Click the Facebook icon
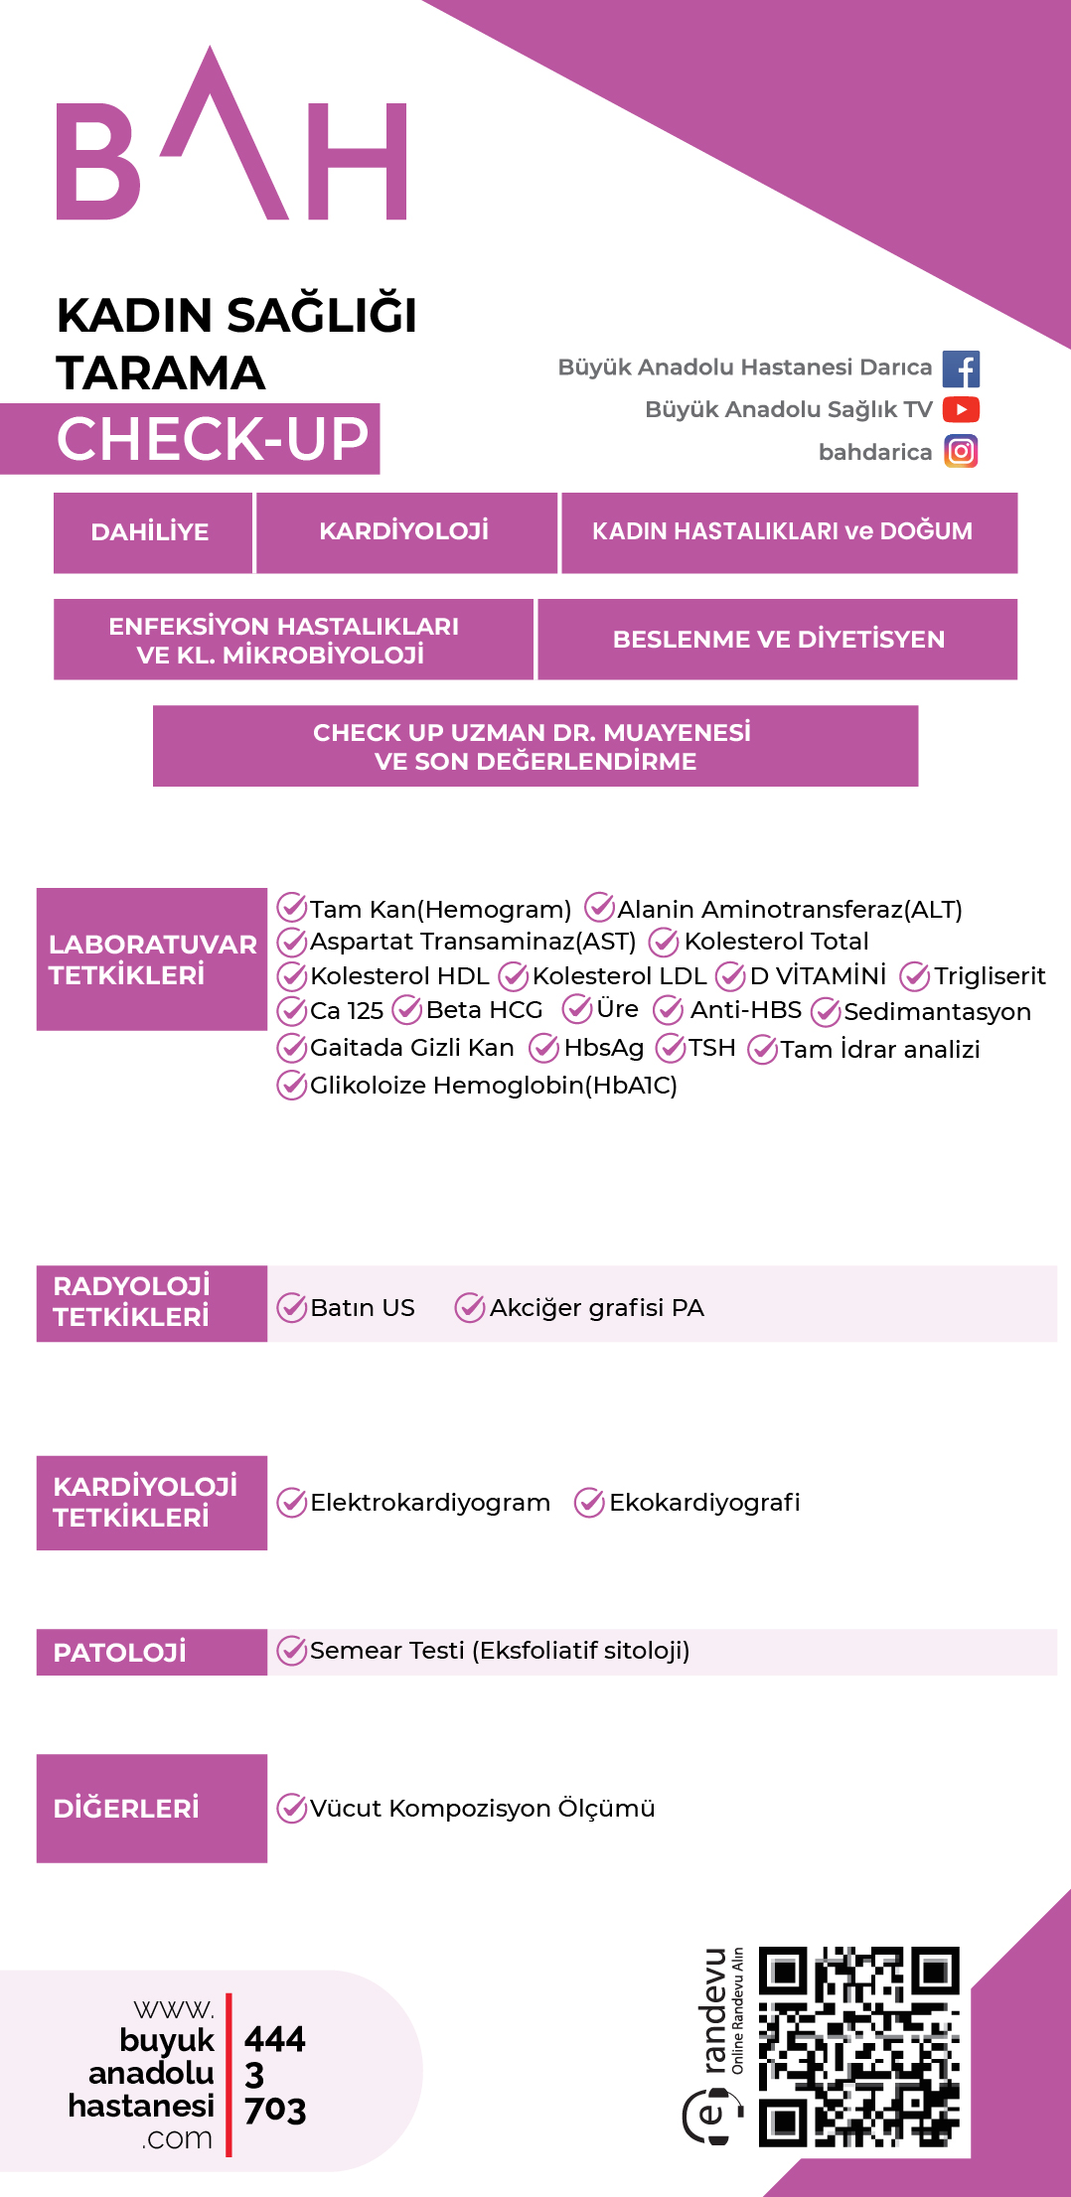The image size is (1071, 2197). pyautogui.click(x=961, y=368)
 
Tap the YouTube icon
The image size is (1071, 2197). pyautogui.click(x=961, y=409)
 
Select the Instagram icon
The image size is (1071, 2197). pyautogui.click(x=961, y=452)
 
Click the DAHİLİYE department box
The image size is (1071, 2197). pyautogui.click(x=152, y=532)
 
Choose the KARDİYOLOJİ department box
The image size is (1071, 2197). pyautogui.click(x=405, y=532)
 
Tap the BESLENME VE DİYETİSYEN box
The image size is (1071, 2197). pyautogui.click(x=778, y=640)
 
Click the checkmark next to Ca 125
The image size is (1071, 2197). pyautogui.click(x=291, y=1011)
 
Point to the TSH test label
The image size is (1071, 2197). pyautogui.click(x=712, y=1048)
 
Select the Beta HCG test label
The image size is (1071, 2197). pyautogui.click(x=484, y=1010)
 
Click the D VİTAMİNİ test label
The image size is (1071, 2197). pyautogui.click(x=818, y=975)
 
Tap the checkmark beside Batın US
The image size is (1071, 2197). pyautogui.click(x=291, y=1308)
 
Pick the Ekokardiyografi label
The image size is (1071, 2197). pyautogui.click(x=704, y=1503)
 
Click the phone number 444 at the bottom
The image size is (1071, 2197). pyautogui.click(x=275, y=2039)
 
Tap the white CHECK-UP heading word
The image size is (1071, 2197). pyautogui.click(x=213, y=439)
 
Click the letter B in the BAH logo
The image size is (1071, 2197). pyautogui.click(x=97, y=161)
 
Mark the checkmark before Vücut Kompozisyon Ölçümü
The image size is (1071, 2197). pyautogui.click(x=291, y=1809)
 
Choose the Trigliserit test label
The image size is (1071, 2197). pyautogui.click(x=990, y=976)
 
